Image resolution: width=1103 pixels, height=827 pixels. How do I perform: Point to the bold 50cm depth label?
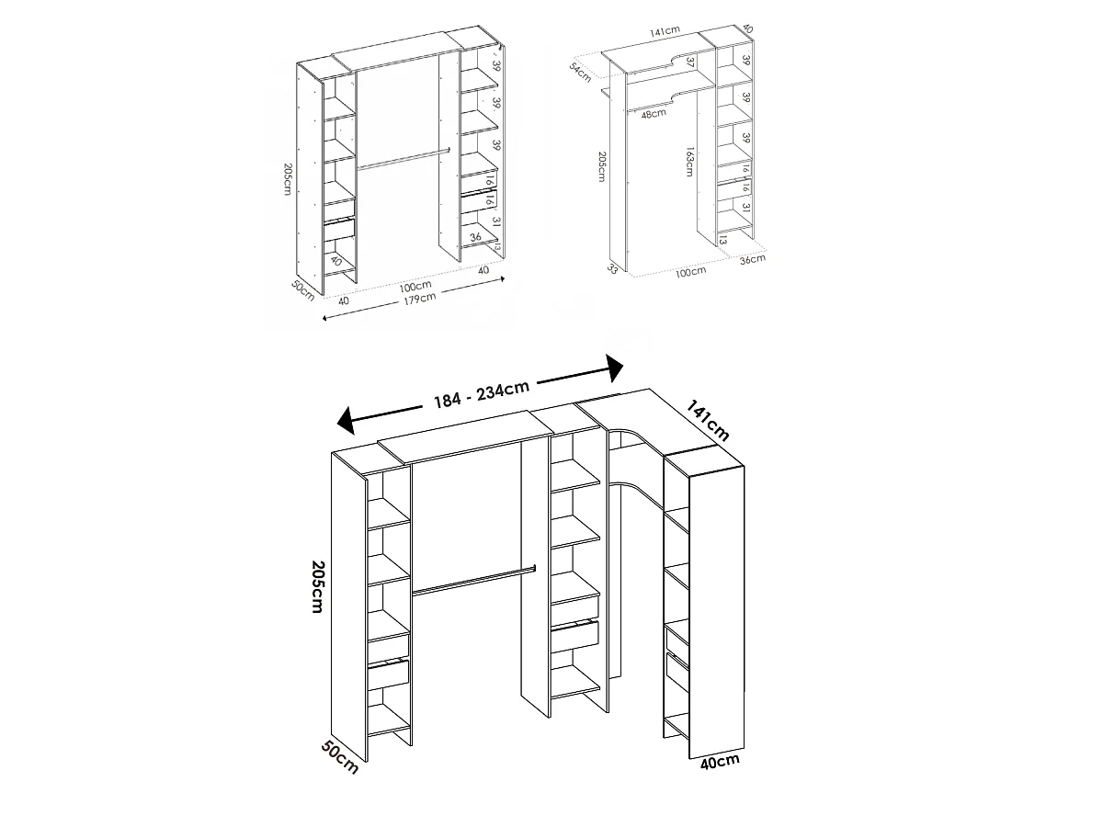coord(339,756)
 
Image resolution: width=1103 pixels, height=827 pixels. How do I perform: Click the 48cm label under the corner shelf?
coord(654,115)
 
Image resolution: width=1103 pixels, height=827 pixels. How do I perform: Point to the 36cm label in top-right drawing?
coord(751,259)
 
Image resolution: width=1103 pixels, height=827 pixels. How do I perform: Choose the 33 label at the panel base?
coord(612,268)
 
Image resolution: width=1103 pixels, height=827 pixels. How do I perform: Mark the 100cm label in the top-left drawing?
coord(416,287)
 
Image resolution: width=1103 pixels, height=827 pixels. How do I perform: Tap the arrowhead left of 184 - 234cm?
coord(347,422)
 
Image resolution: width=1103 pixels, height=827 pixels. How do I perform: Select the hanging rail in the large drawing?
coord(473,581)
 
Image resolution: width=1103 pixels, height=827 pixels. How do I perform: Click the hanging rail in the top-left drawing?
coord(403,158)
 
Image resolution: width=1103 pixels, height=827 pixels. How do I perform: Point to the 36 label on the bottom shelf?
coord(475,237)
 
